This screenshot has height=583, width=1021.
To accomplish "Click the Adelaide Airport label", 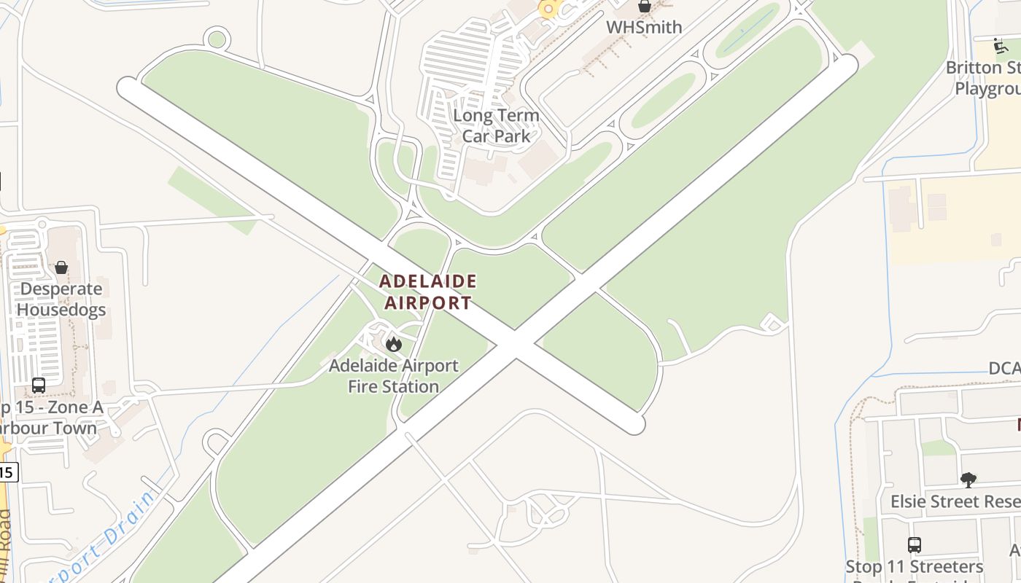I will (428, 291).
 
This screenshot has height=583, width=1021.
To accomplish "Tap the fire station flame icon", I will (394, 343).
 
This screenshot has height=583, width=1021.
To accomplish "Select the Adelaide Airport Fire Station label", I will (394, 376).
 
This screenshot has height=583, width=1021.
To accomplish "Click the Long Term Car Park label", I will (496, 125).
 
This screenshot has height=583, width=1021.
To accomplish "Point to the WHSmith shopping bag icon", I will (645, 7).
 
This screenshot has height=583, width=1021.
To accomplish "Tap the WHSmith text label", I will (645, 28).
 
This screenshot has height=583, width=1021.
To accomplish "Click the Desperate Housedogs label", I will (61, 299).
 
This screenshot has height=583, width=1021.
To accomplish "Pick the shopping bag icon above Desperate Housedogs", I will (61, 267).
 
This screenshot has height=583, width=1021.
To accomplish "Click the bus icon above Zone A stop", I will (39, 386).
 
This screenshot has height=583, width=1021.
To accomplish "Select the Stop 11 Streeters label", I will (915, 567).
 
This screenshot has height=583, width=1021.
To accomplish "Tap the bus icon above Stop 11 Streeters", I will (915, 544).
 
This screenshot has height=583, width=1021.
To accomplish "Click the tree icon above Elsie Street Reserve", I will (968, 480).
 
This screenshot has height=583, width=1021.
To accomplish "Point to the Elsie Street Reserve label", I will (955, 502).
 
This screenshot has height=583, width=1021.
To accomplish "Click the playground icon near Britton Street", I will (1001, 46).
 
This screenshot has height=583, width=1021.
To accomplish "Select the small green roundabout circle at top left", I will (217, 39).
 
